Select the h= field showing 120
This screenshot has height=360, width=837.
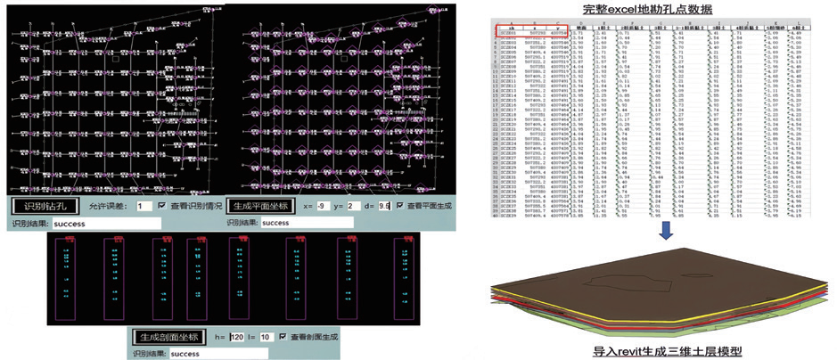[x=236, y=337]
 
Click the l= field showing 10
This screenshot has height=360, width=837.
[x=265, y=337]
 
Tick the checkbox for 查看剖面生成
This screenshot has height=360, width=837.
[x=283, y=337]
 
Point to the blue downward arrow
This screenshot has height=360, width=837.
[x=665, y=230]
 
